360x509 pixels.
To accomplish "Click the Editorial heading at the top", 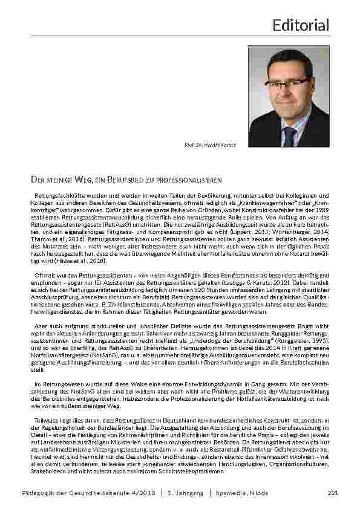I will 301,25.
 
